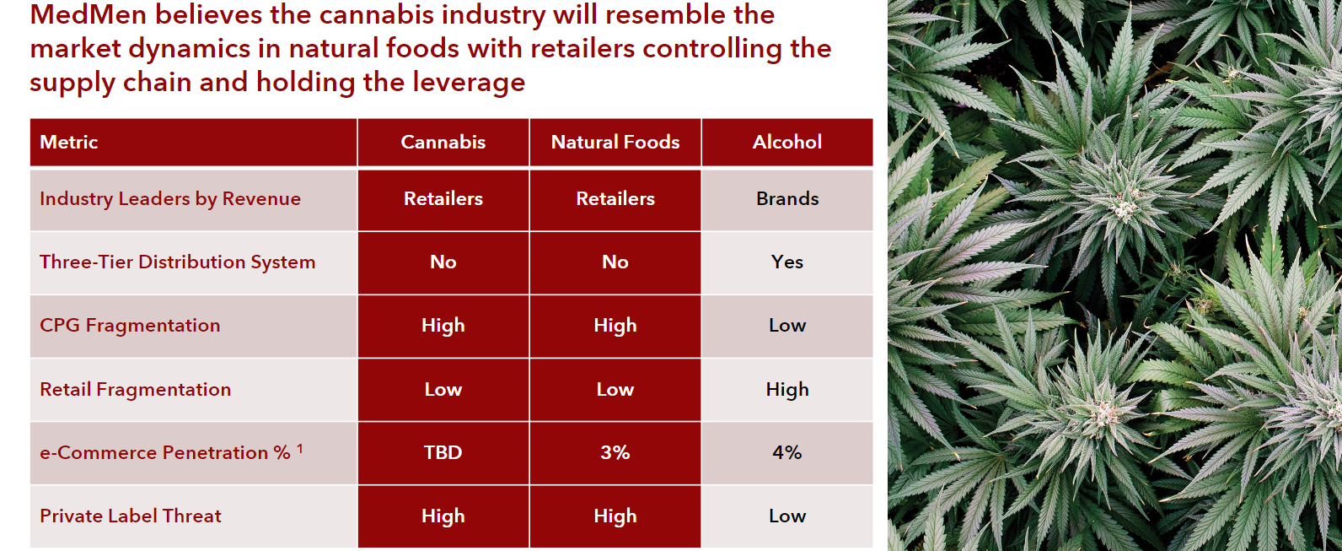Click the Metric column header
pos(69,142)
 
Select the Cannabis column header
pos(443,142)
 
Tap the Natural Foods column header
pos(615,142)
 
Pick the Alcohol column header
pos(787,142)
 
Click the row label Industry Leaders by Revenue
pos(170,199)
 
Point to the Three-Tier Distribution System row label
pos(177,262)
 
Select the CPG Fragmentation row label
pos(130,326)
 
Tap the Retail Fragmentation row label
pos(136,390)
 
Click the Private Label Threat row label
pos(131,516)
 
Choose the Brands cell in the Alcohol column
pos(787,198)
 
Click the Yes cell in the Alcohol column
pos(787,262)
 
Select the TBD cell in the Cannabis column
pos(443,452)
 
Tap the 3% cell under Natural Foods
pos(615,452)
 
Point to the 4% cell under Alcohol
pos(787,452)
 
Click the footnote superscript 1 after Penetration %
pos(299,448)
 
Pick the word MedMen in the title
pos(89,14)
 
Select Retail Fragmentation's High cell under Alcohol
pos(787,390)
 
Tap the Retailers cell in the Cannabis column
pos(443,198)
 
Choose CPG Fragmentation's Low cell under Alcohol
pos(787,326)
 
